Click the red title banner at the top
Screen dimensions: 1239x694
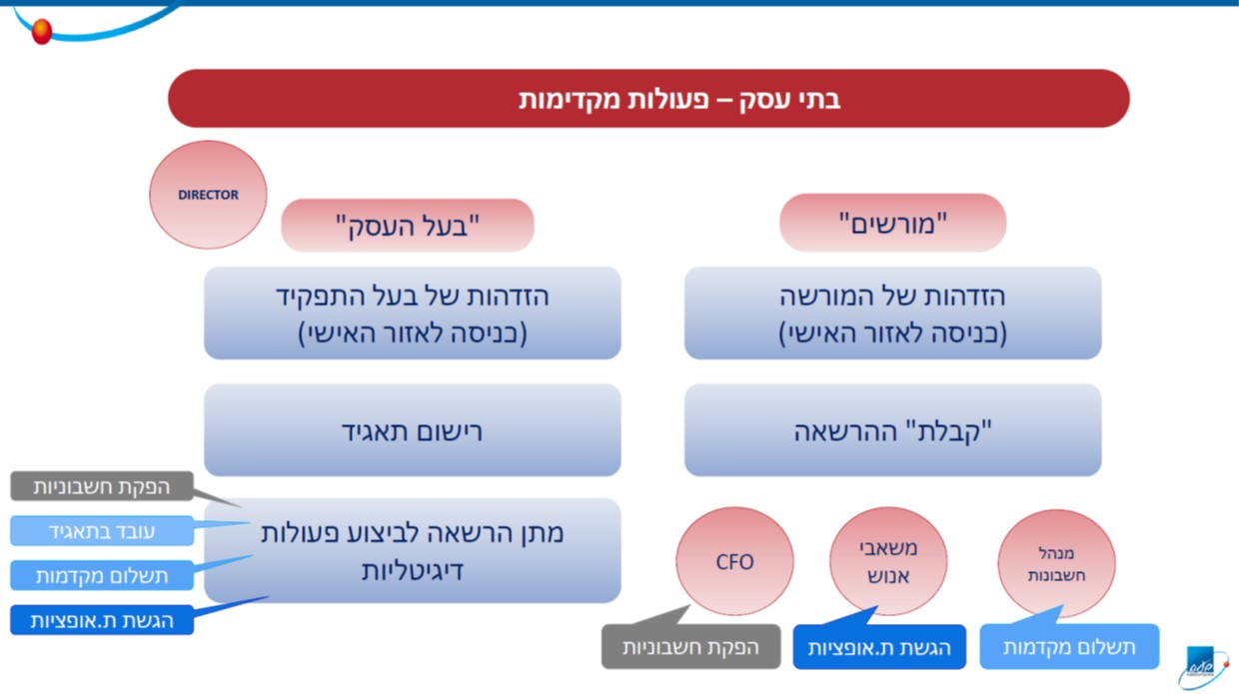tap(648, 99)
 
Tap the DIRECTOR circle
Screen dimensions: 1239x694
tap(208, 195)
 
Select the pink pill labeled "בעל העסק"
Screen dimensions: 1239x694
tap(408, 225)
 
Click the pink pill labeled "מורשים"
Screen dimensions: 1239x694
tap(892, 223)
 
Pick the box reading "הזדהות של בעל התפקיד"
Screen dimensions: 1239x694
tap(413, 313)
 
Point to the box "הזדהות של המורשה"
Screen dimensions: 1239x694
tap(892, 313)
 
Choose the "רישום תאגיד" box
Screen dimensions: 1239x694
tap(413, 430)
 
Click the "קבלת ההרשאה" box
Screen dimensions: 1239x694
tap(892, 430)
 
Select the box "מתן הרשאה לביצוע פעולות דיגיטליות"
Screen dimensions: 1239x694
tap(413, 551)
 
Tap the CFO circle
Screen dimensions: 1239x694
tap(734, 561)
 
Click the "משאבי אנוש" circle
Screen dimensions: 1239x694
tap(888, 561)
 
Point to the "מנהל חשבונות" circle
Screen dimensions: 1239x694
tap(1056, 563)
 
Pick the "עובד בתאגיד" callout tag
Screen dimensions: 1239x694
tap(102, 531)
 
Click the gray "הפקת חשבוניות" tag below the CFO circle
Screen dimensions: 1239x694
tap(690, 646)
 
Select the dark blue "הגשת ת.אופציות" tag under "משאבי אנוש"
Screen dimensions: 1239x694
tap(879, 647)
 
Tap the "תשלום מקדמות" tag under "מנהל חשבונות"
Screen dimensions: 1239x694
tap(1069, 646)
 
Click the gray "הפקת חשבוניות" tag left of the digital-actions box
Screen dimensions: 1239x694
tap(102, 486)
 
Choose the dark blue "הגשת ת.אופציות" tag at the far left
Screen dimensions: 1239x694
tap(102, 620)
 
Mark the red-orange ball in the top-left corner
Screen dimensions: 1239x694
tap(42, 31)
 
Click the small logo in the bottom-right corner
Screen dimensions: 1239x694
tap(1201, 667)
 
